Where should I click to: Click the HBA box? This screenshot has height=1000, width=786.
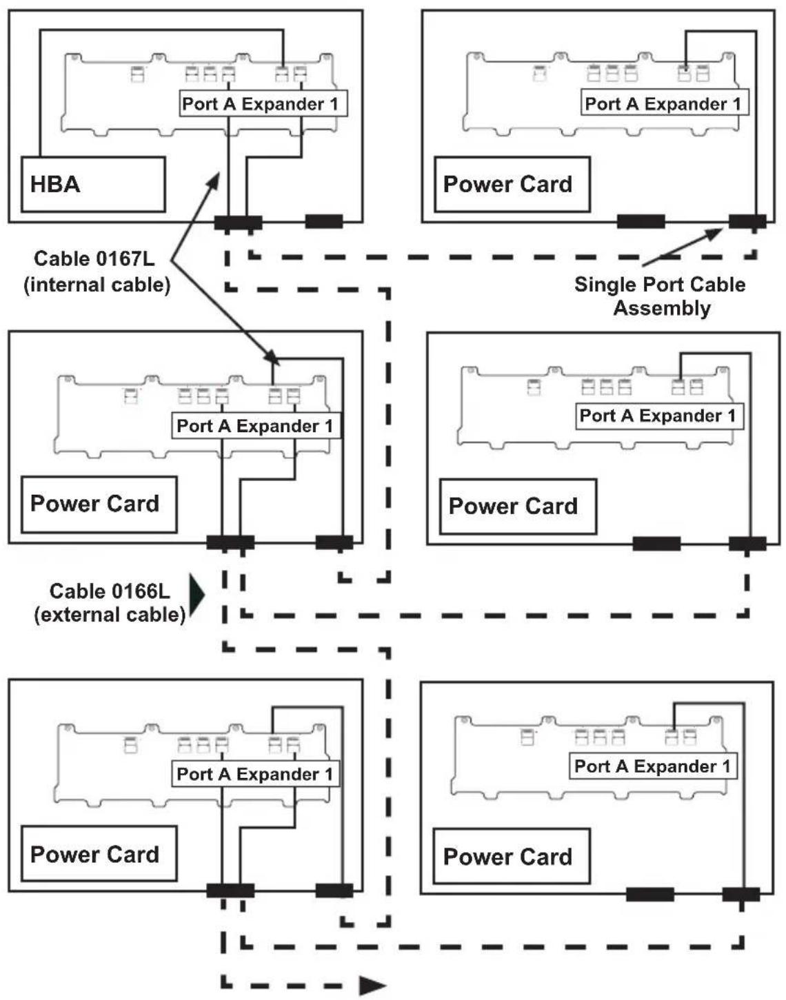(x=93, y=184)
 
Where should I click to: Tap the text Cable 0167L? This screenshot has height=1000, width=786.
(x=94, y=258)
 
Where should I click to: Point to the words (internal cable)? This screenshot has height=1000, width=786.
(x=97, y=285)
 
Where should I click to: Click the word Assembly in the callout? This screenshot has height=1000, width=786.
(x=662, y=309)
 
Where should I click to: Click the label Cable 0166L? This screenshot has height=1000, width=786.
(x=110, y=591)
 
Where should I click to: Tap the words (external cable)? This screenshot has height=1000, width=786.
(x=110, y=615)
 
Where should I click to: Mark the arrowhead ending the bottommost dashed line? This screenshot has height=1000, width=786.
(x=373, y=986)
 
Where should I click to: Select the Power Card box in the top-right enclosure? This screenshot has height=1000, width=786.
(x=512, y=185)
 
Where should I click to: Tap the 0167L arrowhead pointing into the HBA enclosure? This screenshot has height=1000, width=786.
(x=214, y=180)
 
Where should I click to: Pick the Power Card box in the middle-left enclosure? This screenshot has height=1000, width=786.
(x=99, y=504)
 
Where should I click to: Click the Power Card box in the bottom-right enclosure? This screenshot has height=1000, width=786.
(x=512, y=857)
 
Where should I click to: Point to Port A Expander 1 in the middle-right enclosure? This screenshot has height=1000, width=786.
(x=659, y=416)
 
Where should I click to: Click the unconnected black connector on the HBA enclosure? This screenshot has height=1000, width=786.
(x=325, y=221)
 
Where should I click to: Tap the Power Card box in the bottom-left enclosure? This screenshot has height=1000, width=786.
(x=99, y=854)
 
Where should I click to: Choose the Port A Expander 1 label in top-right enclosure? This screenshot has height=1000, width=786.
(x=665, y=103)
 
